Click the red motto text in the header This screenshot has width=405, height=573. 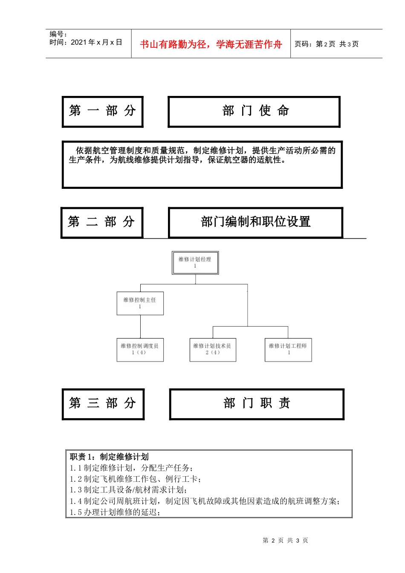pos(211,44)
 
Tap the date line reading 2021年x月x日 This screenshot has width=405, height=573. pos(86,42)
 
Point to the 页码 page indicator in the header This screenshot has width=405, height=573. pos(326,44)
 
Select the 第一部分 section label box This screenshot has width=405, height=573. pos(102,111)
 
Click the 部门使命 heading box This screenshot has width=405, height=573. pos(254,111)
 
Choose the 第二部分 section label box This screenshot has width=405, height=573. pos(101,222)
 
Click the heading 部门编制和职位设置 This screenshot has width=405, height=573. pos(255,222)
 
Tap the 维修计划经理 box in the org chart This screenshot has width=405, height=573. pos(195,263)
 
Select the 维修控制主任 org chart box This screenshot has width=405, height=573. pos(140,303)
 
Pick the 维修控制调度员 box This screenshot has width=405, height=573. pos(140,349)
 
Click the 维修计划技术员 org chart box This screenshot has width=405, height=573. pos(212,349)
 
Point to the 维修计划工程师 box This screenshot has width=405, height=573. pos(288,349)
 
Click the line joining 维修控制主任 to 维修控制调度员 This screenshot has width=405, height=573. pos(140,327)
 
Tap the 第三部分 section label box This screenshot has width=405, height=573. pos(103,404)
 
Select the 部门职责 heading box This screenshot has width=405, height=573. pos(257,404)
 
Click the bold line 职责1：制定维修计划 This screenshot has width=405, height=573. pos(110,457)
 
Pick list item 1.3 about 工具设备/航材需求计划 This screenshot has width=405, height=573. pos(128,490)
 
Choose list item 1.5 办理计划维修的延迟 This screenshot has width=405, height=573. pos(115,512)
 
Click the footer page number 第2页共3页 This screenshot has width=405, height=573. pos(285,540)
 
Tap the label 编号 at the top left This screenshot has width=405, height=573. pos(58,34)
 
